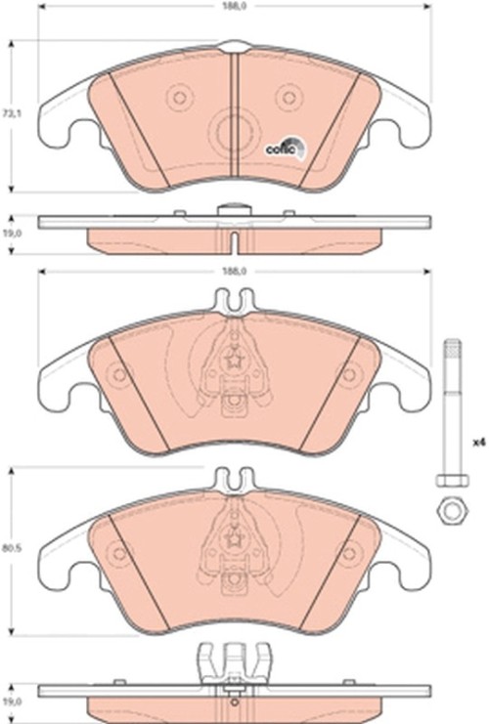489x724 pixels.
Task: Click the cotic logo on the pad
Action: click(284, 149)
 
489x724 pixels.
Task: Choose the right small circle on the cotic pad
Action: click(287, 96)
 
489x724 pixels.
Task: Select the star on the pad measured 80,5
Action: click(234, 536)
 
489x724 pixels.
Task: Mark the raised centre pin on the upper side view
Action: click(234, 207)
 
